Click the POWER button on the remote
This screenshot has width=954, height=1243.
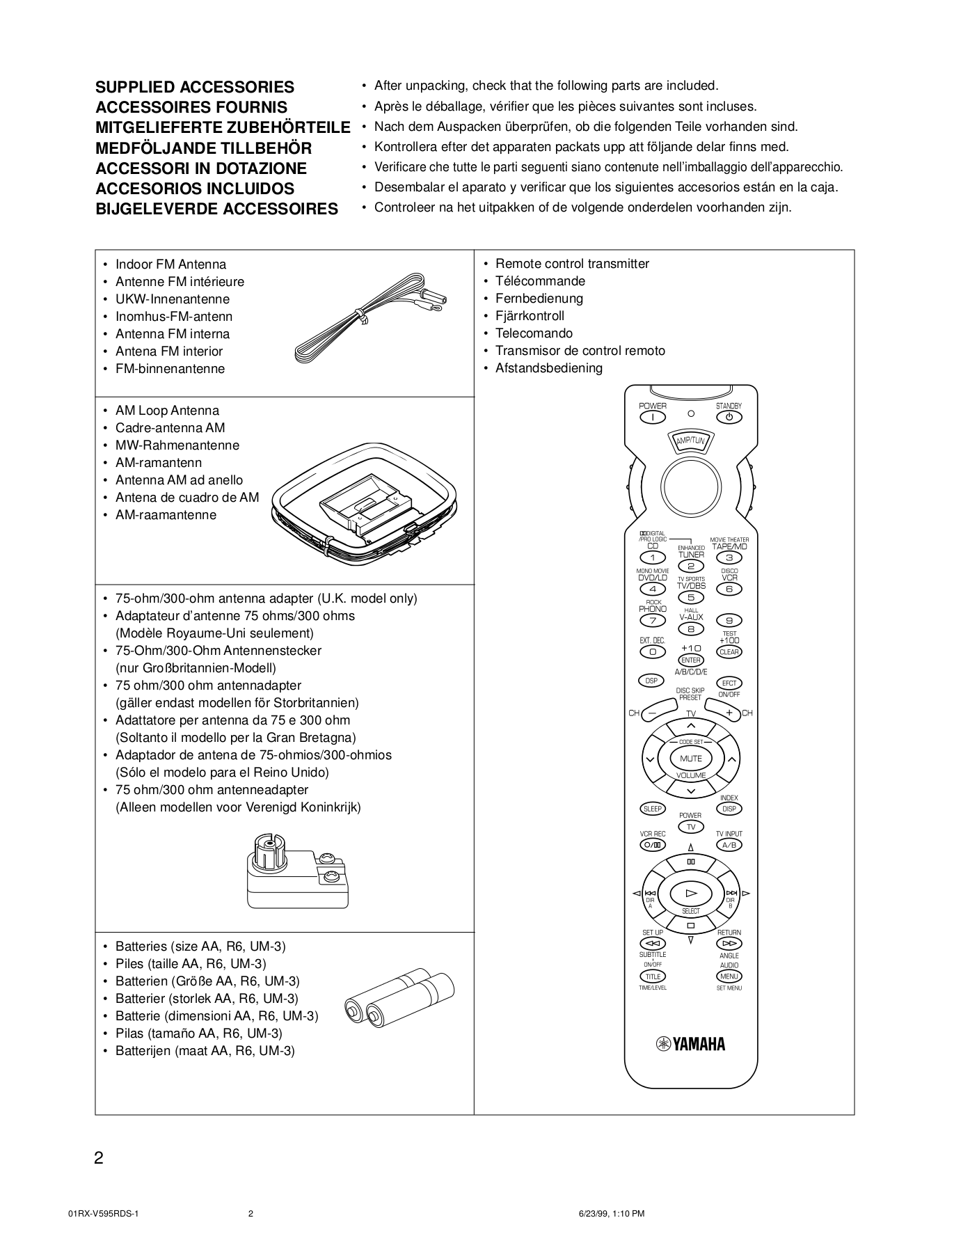653,418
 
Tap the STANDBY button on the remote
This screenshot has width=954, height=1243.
729,418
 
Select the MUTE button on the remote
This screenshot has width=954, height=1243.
690,759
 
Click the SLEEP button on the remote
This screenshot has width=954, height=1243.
652,809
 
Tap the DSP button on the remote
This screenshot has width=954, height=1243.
651,681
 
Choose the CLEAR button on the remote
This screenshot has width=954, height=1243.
729,652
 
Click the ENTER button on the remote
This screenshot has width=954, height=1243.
690,660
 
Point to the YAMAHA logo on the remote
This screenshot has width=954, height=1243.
690,1044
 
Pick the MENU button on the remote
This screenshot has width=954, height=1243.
729,976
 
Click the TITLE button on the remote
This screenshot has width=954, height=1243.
653,976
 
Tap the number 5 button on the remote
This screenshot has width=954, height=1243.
690,597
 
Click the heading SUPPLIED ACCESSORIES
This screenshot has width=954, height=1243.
194,87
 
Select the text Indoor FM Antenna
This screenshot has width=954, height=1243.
170,264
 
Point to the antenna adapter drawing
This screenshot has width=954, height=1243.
296,870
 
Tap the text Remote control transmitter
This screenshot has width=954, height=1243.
572,264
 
